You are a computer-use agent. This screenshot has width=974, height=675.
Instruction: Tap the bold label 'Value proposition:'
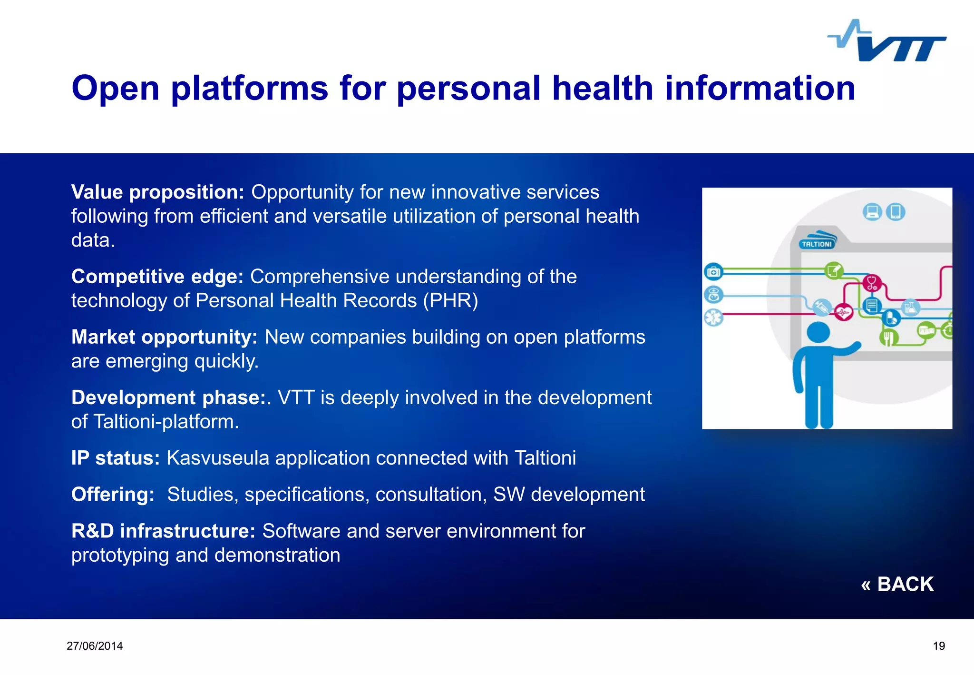click(x=157, y=192)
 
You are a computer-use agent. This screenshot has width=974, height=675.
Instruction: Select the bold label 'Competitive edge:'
click(x=157, y=277)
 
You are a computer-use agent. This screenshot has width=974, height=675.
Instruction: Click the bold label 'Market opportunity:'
click(x=164, y=337)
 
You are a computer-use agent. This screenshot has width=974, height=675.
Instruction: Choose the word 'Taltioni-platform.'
click(x=166, y=422)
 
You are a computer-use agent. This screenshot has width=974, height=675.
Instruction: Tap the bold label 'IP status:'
click(x=115, y=458)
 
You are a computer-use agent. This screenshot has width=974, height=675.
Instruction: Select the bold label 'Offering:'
click(x=113, y=495)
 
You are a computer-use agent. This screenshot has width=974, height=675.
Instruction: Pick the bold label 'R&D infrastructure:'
click(x=163, y=531)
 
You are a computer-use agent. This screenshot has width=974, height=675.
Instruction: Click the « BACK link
click(x=897, y=584)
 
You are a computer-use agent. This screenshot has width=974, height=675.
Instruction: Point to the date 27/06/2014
click(x=95, y=646)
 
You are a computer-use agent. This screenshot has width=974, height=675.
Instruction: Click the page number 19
click(x=939, y=646)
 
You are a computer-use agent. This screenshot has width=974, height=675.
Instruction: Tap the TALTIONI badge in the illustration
click(x=817, y=244)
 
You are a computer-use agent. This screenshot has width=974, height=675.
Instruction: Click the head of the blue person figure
click(x=818, y=332)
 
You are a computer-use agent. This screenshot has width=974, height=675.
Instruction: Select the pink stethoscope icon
click(x=872, y=284)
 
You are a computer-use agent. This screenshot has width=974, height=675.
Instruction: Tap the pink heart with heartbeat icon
click(x=844, y=313)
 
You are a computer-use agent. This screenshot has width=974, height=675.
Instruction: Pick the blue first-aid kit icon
click(x=713, y=272)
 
